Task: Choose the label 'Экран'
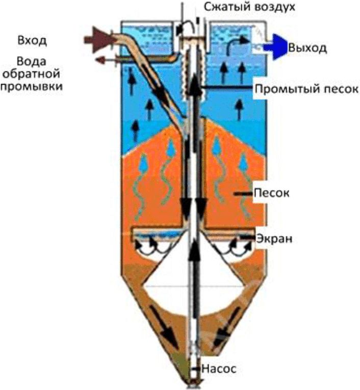pyautogui.click(x=274, y=238)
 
